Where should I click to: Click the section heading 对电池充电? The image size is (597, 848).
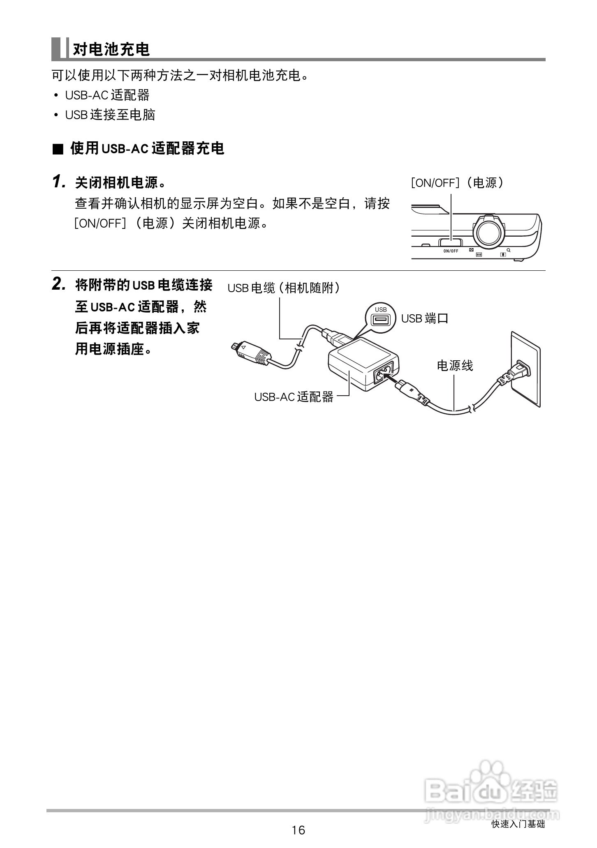[x=111, y=49]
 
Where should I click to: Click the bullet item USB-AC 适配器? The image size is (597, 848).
[x=107, y=95]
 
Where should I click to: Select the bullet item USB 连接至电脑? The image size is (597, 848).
[x=110, y=115]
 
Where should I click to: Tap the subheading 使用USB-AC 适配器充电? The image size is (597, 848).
[x=147, y=148]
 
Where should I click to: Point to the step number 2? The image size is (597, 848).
[x=59, y=284]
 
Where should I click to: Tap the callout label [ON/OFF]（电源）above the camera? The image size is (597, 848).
[x=457, y=183]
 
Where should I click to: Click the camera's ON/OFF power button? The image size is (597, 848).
[x=450, y=242]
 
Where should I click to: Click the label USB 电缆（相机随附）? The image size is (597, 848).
[x=284, y=288]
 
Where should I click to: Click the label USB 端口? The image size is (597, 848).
[x=424, y=318]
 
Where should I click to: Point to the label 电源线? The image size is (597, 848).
[x=455, y=365]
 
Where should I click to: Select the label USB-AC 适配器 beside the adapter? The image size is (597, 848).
[x=294, y=397]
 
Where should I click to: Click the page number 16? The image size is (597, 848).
[x=298, y=830]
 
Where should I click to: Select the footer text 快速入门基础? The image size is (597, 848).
[x=518, y=824]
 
